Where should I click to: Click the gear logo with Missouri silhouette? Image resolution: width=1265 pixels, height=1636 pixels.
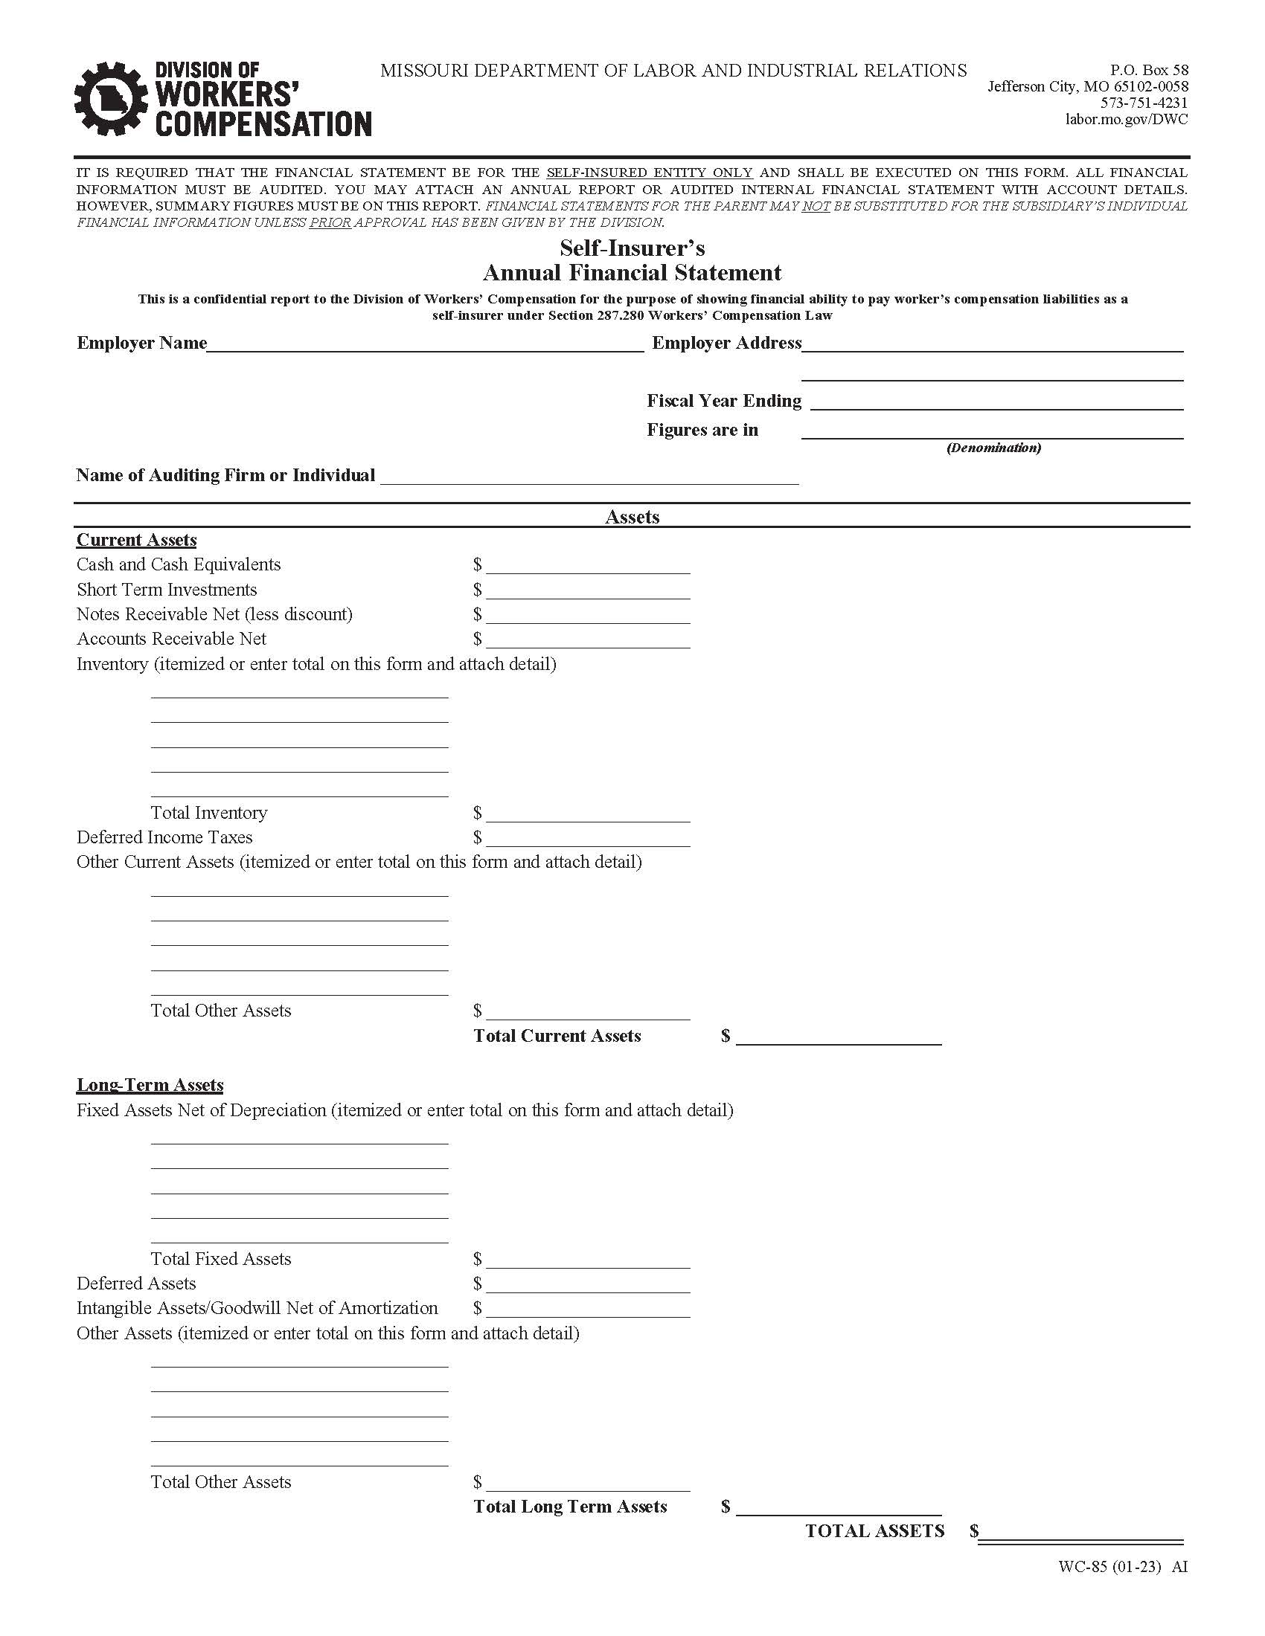coord(110,99)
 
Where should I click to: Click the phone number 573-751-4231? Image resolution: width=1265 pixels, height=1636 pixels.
coord(1144,103)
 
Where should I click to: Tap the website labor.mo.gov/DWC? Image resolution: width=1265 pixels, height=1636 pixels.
coord(1127,119)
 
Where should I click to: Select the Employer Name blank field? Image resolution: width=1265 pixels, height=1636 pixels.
coord(425,344)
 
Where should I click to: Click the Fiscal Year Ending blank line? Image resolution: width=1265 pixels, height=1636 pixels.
coord(996,402)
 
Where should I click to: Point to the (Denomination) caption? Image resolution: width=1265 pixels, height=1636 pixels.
coord(993,448)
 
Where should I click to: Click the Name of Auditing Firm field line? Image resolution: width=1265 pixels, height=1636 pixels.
coord(589,477)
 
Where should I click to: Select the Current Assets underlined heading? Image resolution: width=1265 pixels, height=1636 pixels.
coord(136,540)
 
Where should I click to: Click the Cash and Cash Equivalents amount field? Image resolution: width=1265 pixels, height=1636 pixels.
coord(588,566)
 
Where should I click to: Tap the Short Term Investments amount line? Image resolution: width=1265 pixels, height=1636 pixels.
coord(588,591)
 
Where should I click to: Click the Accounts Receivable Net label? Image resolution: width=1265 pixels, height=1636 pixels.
coord(171,639)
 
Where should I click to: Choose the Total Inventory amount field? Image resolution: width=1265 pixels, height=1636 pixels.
coord(588,814)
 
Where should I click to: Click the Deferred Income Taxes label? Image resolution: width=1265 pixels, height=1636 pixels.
coord(164,837)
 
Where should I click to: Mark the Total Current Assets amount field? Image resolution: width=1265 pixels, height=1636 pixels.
coord(839,1037)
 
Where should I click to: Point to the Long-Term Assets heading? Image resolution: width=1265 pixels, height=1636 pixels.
coord(150,1086)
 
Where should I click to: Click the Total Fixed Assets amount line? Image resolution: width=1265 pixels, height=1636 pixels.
coord(588,1260)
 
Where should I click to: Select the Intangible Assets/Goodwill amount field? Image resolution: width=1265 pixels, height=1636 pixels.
coord(588,1310)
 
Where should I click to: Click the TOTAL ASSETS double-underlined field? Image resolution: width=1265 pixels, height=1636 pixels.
coord(1080,1532)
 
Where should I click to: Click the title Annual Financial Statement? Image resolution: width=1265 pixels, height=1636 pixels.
coord(632,273)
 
